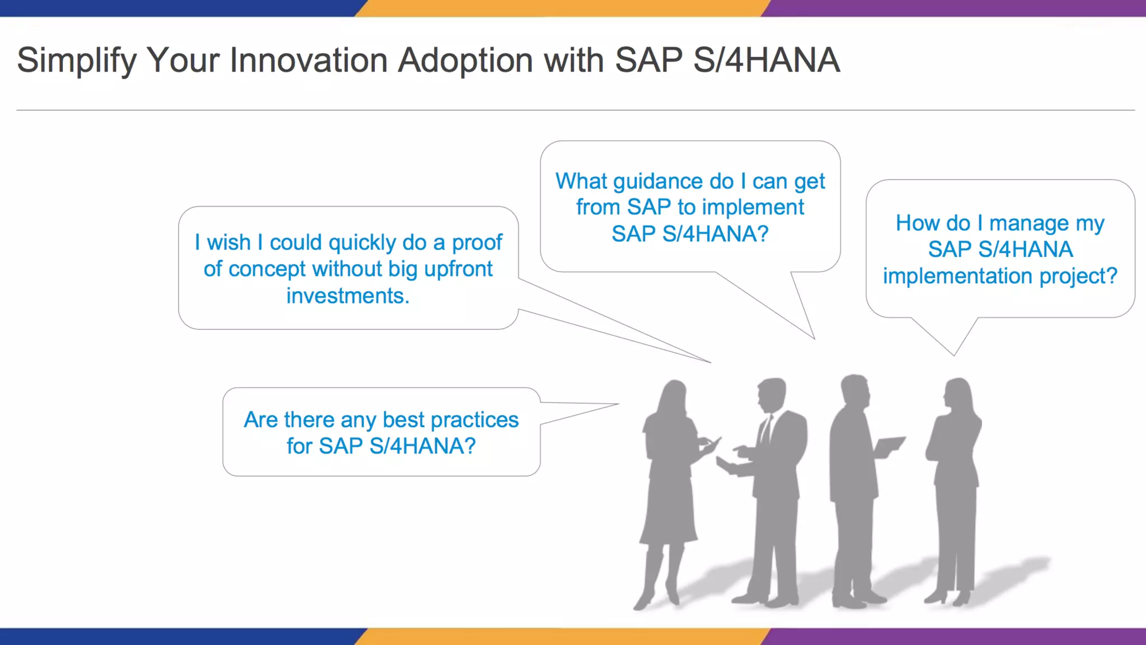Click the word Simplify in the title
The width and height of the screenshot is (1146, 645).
pyautogui.click(x=77, y=61)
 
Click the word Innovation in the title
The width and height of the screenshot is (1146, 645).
pyautogui.click(x=309, y=60)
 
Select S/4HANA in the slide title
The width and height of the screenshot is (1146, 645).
pyautogui.click(x=767, y=60)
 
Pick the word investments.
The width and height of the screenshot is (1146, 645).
pyautogui.click(x=348, y=296)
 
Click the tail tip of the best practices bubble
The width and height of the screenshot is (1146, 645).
pyautogui.click(x=618, y=404)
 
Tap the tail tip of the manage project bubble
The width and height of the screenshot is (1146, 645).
pyautogui.click(x=954, y=355)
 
